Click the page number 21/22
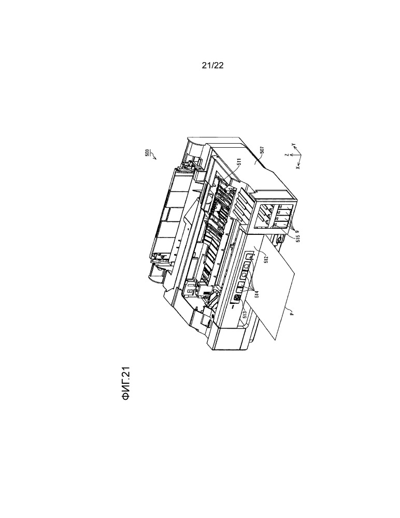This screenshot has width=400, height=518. point(212,65)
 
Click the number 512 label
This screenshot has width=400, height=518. point(266,259)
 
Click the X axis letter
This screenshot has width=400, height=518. point(298,167)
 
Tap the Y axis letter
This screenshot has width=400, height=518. point(293,145)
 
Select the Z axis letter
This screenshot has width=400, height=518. point(288,155)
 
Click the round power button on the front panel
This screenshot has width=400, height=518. point(236,297)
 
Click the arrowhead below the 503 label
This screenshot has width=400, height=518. point(154,158)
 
